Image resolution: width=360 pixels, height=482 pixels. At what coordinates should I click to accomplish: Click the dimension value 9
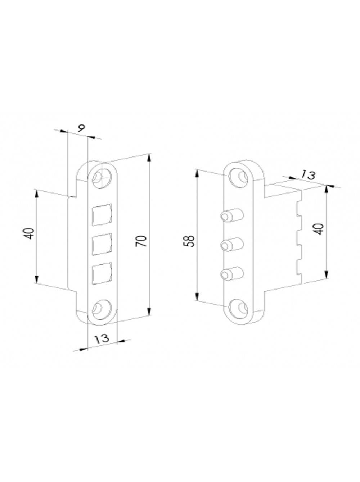click(x=81, y=128)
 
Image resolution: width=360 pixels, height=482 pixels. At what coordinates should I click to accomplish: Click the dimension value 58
click(x=189, y=241)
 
